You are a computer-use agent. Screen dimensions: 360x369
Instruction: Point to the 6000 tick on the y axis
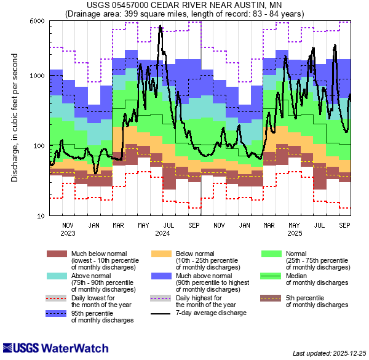coord(36,21)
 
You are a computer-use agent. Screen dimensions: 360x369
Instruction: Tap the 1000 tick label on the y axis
coord(36,76)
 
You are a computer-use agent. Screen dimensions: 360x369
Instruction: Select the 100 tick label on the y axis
coord(38,146)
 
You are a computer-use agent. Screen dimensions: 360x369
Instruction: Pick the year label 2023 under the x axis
coord(68,233)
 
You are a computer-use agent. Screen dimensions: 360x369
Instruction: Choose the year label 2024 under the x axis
coord(162,233)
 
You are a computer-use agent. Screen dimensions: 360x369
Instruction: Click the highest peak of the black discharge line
coord(161,26)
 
